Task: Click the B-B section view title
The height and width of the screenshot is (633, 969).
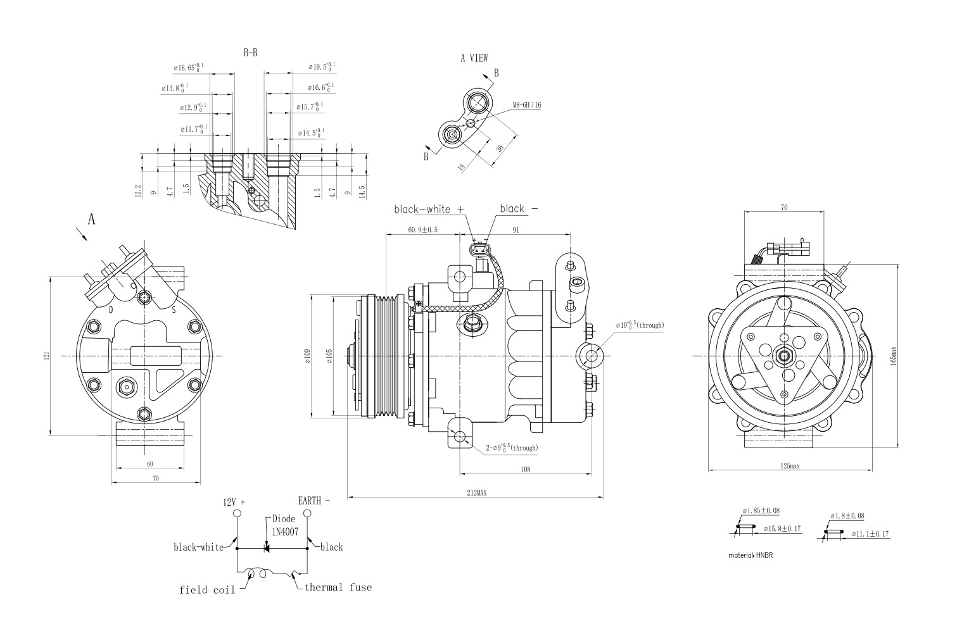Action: pyautogui.click(x=250, y=53)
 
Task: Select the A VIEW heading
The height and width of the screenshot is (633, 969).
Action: pyautogui.click(x=474, y=58)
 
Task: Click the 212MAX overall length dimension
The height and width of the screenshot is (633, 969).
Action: pyautogui.click(x=476, y=492)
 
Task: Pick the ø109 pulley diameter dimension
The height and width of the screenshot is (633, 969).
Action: pyautogui.click(x=307, y=356)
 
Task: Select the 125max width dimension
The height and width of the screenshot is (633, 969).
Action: pyautogui.click(x=790, y=466)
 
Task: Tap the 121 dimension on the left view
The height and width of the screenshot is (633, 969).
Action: pyautogui.click(x=46, y=357)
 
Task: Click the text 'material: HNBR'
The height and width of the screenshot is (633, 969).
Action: pyautogui.click(x=750, y=555)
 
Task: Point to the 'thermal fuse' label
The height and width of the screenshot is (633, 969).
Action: pyautogui.click(x=338, y=587)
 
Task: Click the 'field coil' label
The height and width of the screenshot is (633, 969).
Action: pyautogui.click(x=207, y=590)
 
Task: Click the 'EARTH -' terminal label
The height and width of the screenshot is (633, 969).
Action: pyautogui.click(x=313, y=500)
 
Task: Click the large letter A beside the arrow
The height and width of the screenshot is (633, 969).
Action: pyautogui.click(x=91, y=219)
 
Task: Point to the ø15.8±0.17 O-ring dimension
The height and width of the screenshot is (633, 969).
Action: pyautogui.click(x=782, y=528)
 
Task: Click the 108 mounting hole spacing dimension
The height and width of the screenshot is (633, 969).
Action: pyautogui.click(x=525, y=469)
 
